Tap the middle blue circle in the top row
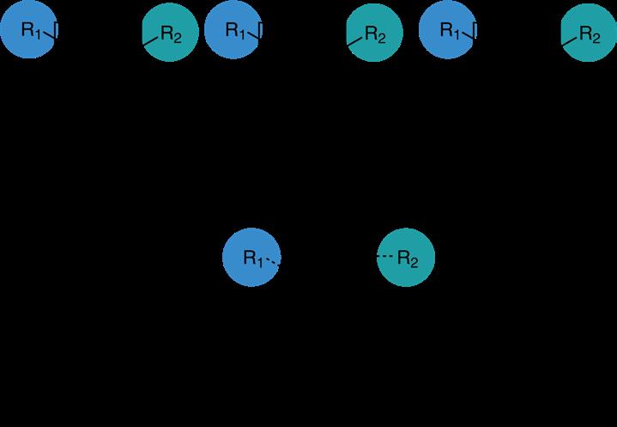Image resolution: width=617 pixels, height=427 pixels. [x=233, y=31]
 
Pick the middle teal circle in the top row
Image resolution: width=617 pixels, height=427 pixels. [x=375, y=34]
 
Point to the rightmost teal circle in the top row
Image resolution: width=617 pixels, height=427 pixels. [x=589, y=34]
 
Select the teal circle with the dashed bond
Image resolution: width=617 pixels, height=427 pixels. [x=406, y=257]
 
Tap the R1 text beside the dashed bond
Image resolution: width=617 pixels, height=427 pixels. [x=252, y=257]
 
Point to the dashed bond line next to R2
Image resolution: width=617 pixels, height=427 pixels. [x=386, y=257]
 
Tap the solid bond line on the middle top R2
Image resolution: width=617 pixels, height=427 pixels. [x=354, y=37]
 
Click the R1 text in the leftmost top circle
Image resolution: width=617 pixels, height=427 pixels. [x=31, y=30]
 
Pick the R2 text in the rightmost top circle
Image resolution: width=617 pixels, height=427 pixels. [x=590, y=34]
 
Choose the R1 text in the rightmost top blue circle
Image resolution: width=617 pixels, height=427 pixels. [x=450, y=31]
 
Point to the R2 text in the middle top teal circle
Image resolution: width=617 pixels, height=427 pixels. [x=376, y=34]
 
